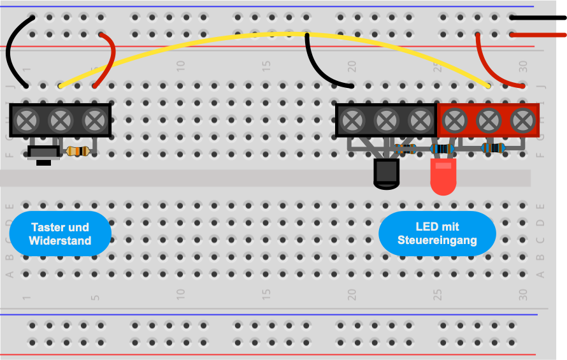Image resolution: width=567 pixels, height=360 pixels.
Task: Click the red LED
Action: (443, 176)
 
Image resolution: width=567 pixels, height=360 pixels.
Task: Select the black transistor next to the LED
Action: (386, 174)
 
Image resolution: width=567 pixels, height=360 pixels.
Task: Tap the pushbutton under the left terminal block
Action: (44, 154)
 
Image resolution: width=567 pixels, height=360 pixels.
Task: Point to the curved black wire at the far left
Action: (8, 50)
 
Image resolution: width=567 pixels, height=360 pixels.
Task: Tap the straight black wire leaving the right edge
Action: (538, 17)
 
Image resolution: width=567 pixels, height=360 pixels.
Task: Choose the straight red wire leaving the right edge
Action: (538, 35)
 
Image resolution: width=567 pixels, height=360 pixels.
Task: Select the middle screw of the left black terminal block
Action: (61, 120)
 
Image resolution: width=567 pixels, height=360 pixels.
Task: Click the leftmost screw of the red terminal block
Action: (454, 120)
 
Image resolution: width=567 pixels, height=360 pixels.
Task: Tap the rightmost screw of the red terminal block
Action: (522, 120)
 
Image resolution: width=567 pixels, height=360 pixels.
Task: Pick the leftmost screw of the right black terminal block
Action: (352, 120)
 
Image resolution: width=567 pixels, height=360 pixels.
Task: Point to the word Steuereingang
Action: (437, 240)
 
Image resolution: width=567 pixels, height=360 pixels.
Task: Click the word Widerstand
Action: (60, 241)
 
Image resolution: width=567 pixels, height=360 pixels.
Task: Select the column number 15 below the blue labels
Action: (266, 294)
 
